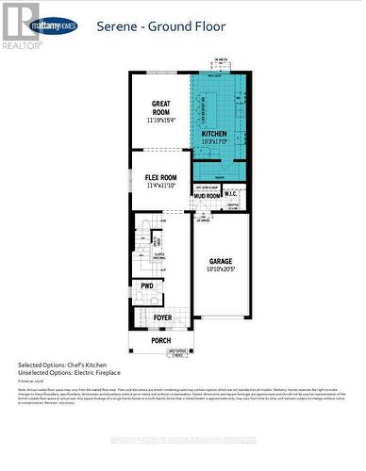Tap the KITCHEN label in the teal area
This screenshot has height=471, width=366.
click(x=214, y=135)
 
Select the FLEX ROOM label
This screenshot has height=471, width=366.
click(x=160, y=177)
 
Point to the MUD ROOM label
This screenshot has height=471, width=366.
click(x=207, y=196)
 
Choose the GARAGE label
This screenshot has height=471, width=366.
click(x=221, y=261)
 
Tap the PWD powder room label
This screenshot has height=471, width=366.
click(x=147, y=285)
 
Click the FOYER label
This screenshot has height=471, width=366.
click(x=162, y=317)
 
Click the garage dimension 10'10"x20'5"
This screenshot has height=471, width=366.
click(x=221, y=270)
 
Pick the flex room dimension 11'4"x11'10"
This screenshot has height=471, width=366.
click(x=160, y=187)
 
